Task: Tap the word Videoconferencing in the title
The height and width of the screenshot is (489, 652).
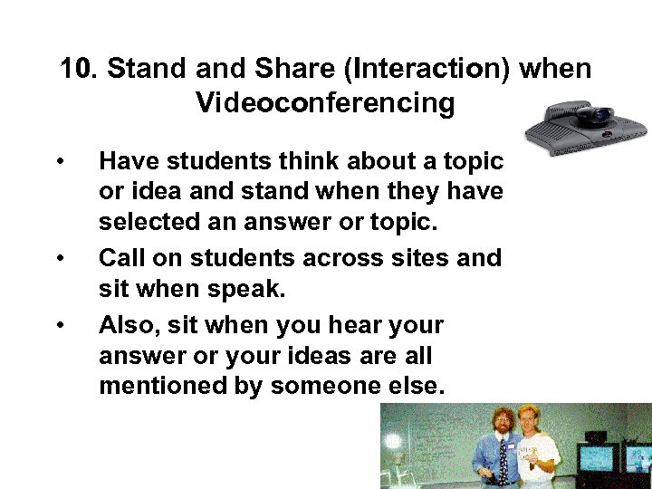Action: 325,103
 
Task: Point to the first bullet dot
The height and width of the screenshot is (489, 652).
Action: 59,162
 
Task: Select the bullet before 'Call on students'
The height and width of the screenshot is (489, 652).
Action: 59,259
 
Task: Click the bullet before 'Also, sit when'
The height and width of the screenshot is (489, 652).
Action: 59,323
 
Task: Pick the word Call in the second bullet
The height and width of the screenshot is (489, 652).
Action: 122,258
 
